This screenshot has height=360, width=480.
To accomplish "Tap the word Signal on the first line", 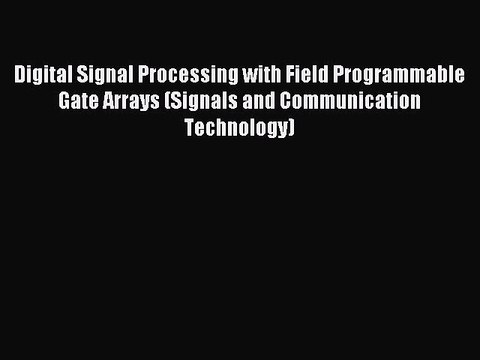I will pos(105,75).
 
